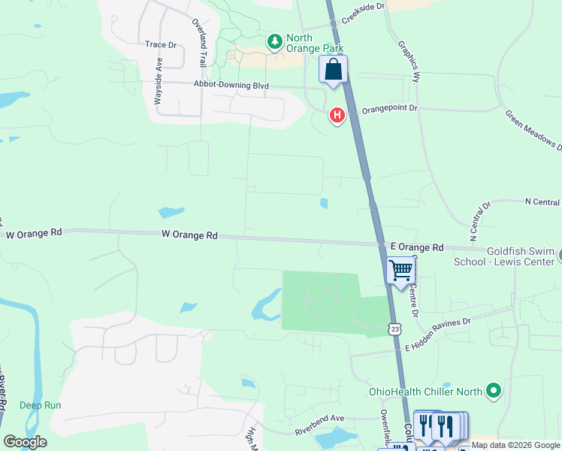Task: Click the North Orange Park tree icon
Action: (276, 40)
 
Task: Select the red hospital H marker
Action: (337, 115)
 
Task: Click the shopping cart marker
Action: (401, 270)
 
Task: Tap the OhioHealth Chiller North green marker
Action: (494, 391)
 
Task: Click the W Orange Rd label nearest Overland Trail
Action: (189, 235)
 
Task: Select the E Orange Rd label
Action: (417, 247)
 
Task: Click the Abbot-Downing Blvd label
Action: (231, 86)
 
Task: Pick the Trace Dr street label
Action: (160, 44)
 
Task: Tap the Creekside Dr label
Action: (363, 6)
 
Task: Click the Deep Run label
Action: (40, 405)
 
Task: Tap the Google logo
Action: (25, 441)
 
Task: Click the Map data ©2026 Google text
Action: (515, 445)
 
